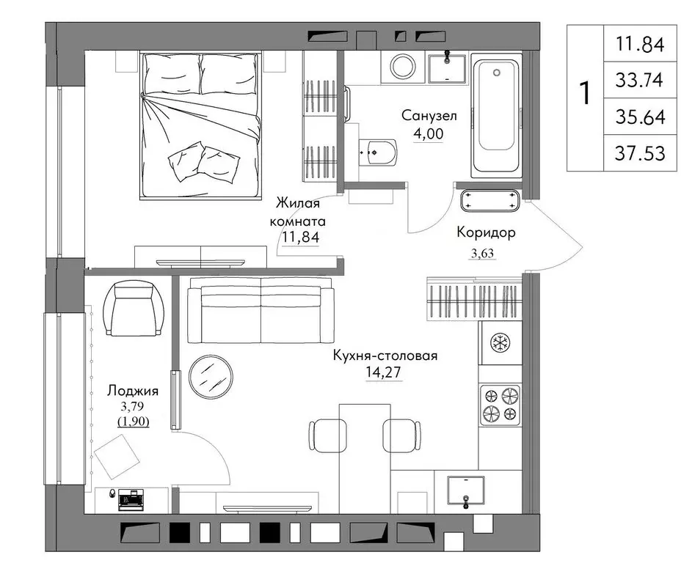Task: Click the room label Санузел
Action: tap(429, 116)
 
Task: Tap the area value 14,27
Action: tap(384, 372)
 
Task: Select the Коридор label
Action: tap(486, 232)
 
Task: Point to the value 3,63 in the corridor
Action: tap(483, 254)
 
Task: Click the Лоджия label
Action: tap(133, 391)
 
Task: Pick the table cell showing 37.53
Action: tap(640, 153)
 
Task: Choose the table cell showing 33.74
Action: tap(640, 80)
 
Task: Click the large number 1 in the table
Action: tap(585, 92)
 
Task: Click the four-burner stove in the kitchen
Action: tap(500, 405)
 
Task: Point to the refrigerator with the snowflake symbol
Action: tap(500, 342)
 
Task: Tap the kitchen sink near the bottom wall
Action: tap(466, 490)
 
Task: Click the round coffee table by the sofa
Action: tap(211, 376)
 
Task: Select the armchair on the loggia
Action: tap(134, 308)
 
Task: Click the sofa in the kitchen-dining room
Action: tap(261, 310)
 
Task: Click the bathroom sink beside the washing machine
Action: tap(447, 68)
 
